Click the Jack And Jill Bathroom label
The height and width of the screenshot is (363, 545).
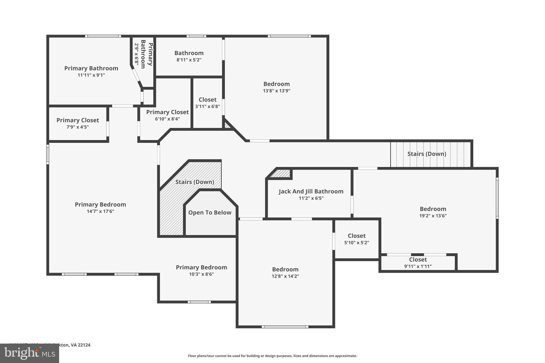(x=311, y=191)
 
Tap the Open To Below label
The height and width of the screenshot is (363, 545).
(x=210, y=212)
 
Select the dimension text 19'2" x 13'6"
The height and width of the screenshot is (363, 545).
(x=433, y=216)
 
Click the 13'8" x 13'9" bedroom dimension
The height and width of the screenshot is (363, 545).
(x=276, y=91)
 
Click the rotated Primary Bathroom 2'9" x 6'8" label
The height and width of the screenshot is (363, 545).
(x=143, y=54)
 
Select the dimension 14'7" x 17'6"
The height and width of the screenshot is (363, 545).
(x=100, y=211)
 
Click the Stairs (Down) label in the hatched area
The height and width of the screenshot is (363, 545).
(x=195, y=182)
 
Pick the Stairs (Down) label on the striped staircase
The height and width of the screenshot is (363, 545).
(x=427, y=154)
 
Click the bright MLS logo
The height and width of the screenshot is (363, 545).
(x=29, y=353)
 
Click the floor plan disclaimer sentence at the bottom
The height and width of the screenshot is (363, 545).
(x=272, y=356)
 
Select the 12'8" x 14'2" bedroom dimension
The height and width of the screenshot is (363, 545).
(x=285, y=276)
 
